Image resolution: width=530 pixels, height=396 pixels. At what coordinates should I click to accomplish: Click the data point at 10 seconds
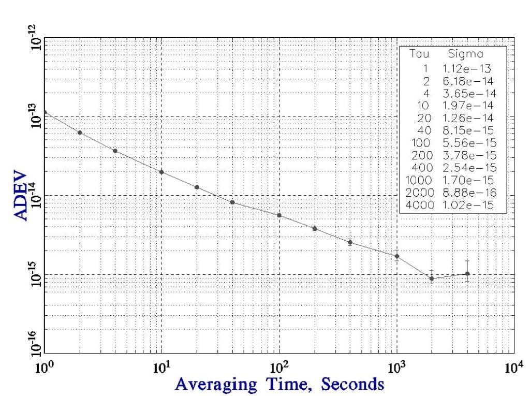(161, 172)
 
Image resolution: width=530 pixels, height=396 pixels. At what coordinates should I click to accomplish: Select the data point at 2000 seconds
(432, 278)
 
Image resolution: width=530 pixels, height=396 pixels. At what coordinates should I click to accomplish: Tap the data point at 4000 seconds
(467, 274)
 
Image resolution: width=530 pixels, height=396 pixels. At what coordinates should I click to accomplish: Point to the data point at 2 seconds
(80, 133)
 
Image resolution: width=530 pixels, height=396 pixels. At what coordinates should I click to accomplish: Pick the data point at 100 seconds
(279, 215)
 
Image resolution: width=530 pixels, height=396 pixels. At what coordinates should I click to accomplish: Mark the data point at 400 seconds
(350, 242)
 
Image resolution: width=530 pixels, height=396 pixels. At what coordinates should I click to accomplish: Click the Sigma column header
(465, 54)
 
